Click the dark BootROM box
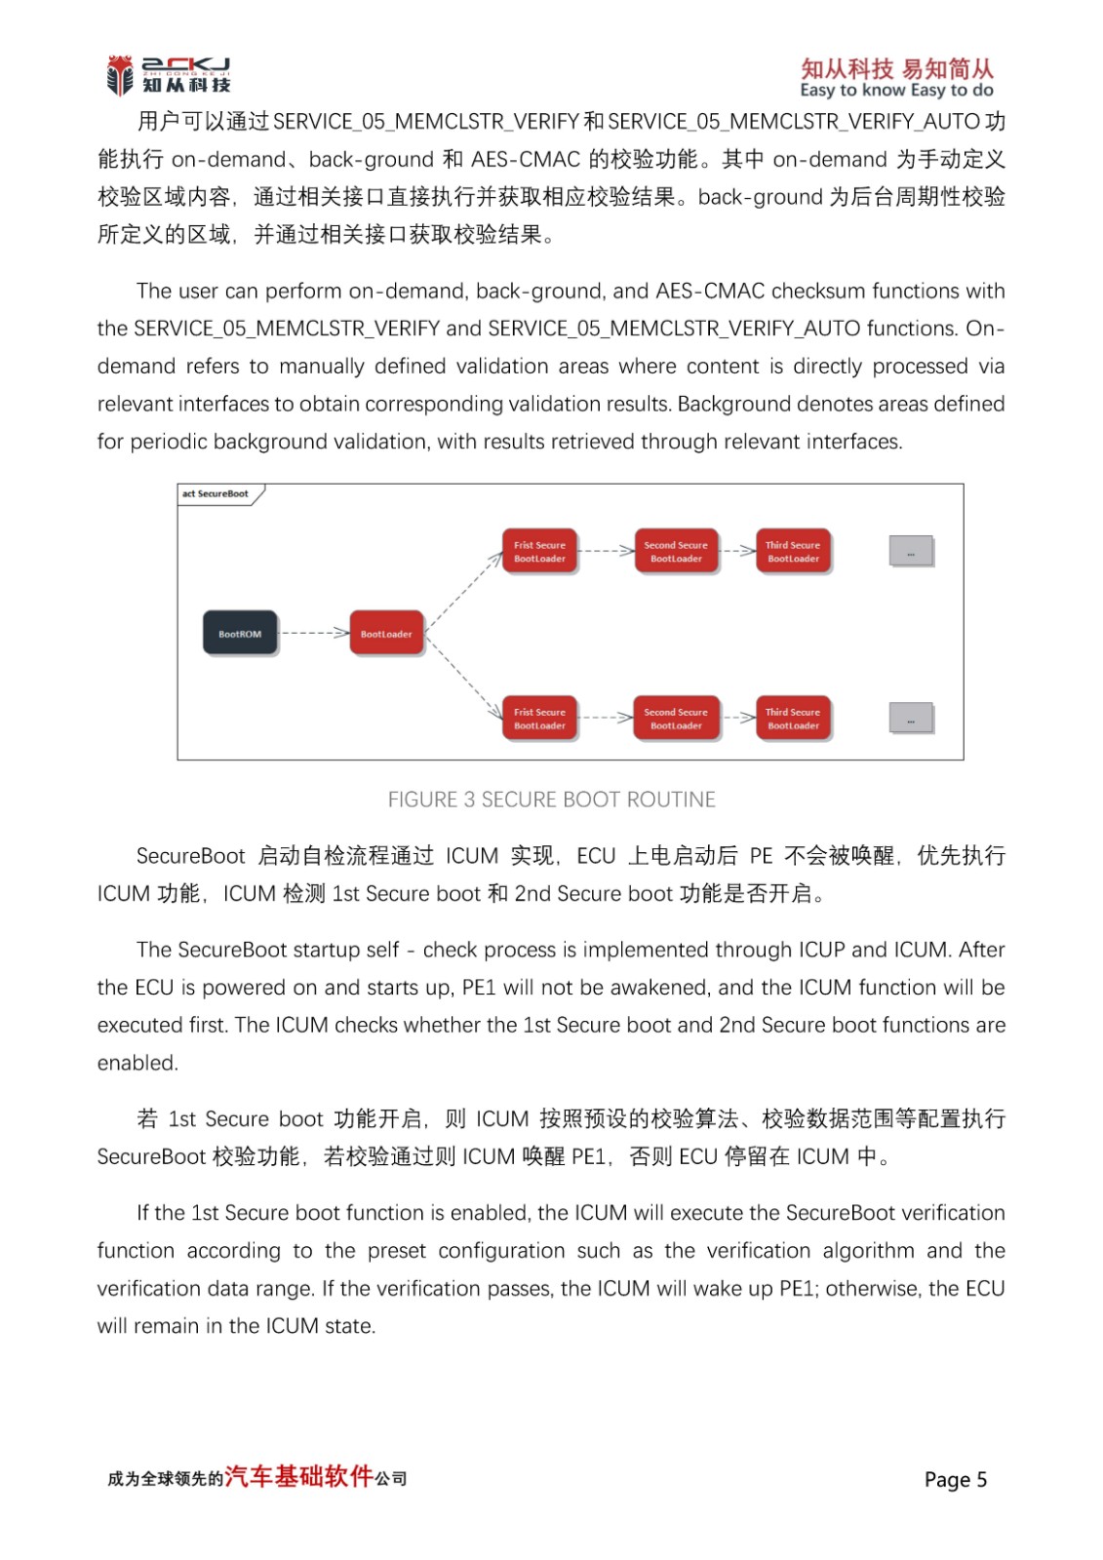click(240, 634)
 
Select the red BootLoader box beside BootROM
click(386, 634)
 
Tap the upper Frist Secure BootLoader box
click(539, 552)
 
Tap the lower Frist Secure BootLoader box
click(539, 719)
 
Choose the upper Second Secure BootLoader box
click(676, 552)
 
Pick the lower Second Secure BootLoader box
click(676, 719)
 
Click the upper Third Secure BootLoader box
click(793, 552)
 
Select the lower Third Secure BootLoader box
click(793, 719)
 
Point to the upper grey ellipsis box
click(911, 552)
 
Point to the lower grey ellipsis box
click(911, 719)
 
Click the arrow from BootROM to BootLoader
click(314, 634)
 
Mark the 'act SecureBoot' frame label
click(216, 494)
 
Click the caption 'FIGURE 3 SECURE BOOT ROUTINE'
click(551, 799)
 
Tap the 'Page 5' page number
click(955, 1480)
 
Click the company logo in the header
click(169, 75)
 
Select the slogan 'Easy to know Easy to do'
click(896, 91)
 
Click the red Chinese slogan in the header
click(896, 68)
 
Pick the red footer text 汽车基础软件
click(299, 1476)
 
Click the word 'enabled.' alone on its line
click(138, 1063)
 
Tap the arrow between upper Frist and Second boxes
click(607, 551)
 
